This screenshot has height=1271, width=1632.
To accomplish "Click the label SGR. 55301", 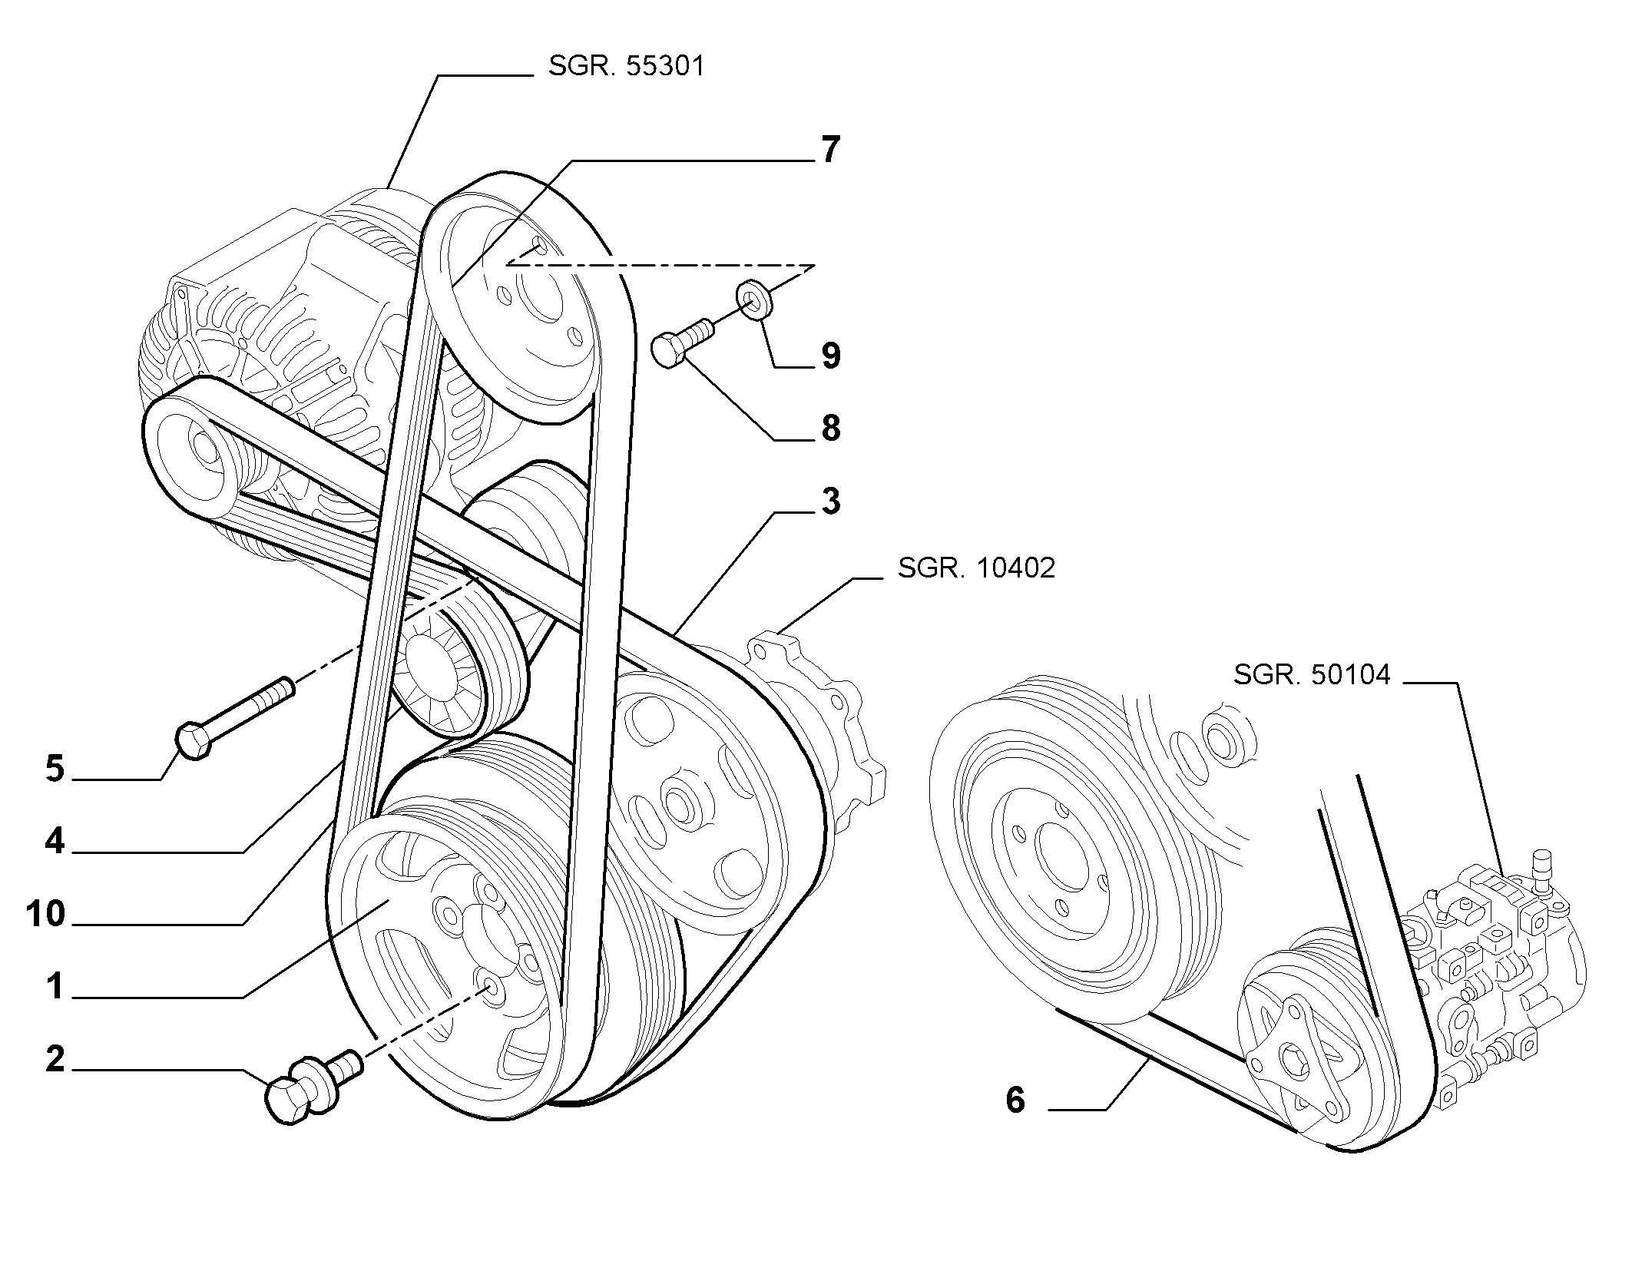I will [625, 66].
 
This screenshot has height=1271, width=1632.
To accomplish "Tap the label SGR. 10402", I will [976, 568].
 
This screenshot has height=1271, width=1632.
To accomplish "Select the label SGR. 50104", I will [1312, 674].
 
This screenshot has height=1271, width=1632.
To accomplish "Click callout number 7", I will [830, 150].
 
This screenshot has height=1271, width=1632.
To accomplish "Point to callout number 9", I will [830, 356].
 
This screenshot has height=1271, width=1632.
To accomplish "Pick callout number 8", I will [830, 428].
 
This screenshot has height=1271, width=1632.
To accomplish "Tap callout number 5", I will [55, 768].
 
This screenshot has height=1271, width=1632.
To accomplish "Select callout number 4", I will [55, 841].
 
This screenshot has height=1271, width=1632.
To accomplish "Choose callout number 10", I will [45, 914].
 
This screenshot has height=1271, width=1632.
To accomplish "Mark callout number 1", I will [55, 986].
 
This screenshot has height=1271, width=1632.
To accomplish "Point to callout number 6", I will [1015, 1100].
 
